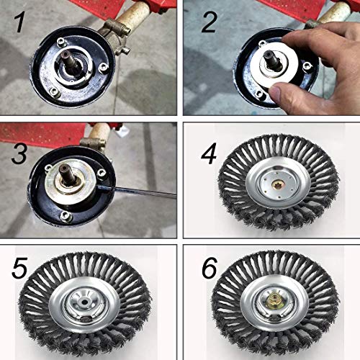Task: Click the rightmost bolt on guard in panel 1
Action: coord(106,67)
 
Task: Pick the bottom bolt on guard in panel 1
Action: coord(55,91)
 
